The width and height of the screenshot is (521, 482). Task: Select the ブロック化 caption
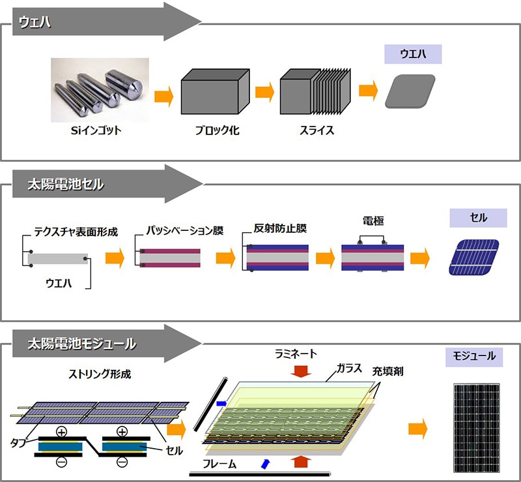218,130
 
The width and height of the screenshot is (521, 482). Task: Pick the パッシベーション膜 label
182,232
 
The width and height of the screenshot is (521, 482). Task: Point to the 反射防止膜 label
281,230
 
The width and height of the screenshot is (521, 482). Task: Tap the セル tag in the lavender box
478,217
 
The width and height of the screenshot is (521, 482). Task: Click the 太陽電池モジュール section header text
82,342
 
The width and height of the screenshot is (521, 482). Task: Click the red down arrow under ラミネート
300,371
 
